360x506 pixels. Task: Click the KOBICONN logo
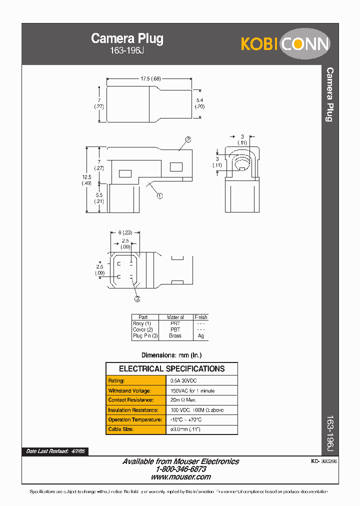coord(285,44)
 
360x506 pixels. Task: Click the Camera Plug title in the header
coord(127,38)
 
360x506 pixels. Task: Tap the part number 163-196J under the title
coord(127,50)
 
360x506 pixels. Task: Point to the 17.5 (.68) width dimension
coord(150,78)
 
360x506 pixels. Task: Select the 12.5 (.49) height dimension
coord(86,179)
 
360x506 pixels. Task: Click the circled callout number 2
coord(188,139)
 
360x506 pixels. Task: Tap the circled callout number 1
coord(159,196)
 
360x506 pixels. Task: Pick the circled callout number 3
coord(137,298)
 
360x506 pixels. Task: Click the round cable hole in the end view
coord(242,163)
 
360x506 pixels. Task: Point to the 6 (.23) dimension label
coord(125,232)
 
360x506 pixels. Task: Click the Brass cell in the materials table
coord(175,336)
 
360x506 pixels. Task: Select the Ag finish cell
coord(200,336)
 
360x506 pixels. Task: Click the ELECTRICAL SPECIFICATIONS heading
coord(171,369)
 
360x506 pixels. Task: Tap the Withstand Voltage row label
coord(128,390)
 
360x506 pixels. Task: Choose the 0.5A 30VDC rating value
coord(184,380)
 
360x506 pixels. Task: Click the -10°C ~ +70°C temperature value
coord(186,419)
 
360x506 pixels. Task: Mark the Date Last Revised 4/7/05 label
coord(55,451)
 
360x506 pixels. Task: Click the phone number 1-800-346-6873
coord(180,469)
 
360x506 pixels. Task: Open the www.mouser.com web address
coord(180,477)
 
